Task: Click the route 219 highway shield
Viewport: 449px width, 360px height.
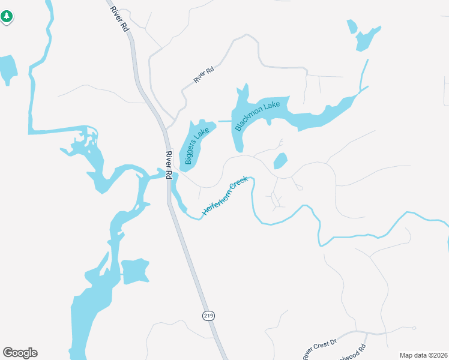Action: point(208,316)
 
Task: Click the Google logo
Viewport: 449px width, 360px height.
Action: point(20,353)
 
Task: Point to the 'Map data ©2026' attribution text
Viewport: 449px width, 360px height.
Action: point(423,355)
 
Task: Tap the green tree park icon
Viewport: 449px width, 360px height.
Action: point(7,17)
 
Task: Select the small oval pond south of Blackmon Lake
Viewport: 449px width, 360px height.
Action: point(280,161)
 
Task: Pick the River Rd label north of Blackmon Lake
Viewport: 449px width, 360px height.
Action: point(203,76)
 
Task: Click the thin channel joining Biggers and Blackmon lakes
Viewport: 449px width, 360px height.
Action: point(224,121)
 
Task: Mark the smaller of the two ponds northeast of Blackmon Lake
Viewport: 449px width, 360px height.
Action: point(352,26)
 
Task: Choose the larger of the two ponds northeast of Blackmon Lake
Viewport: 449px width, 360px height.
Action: point(367,39)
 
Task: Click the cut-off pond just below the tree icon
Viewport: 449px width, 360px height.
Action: point(7,68)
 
